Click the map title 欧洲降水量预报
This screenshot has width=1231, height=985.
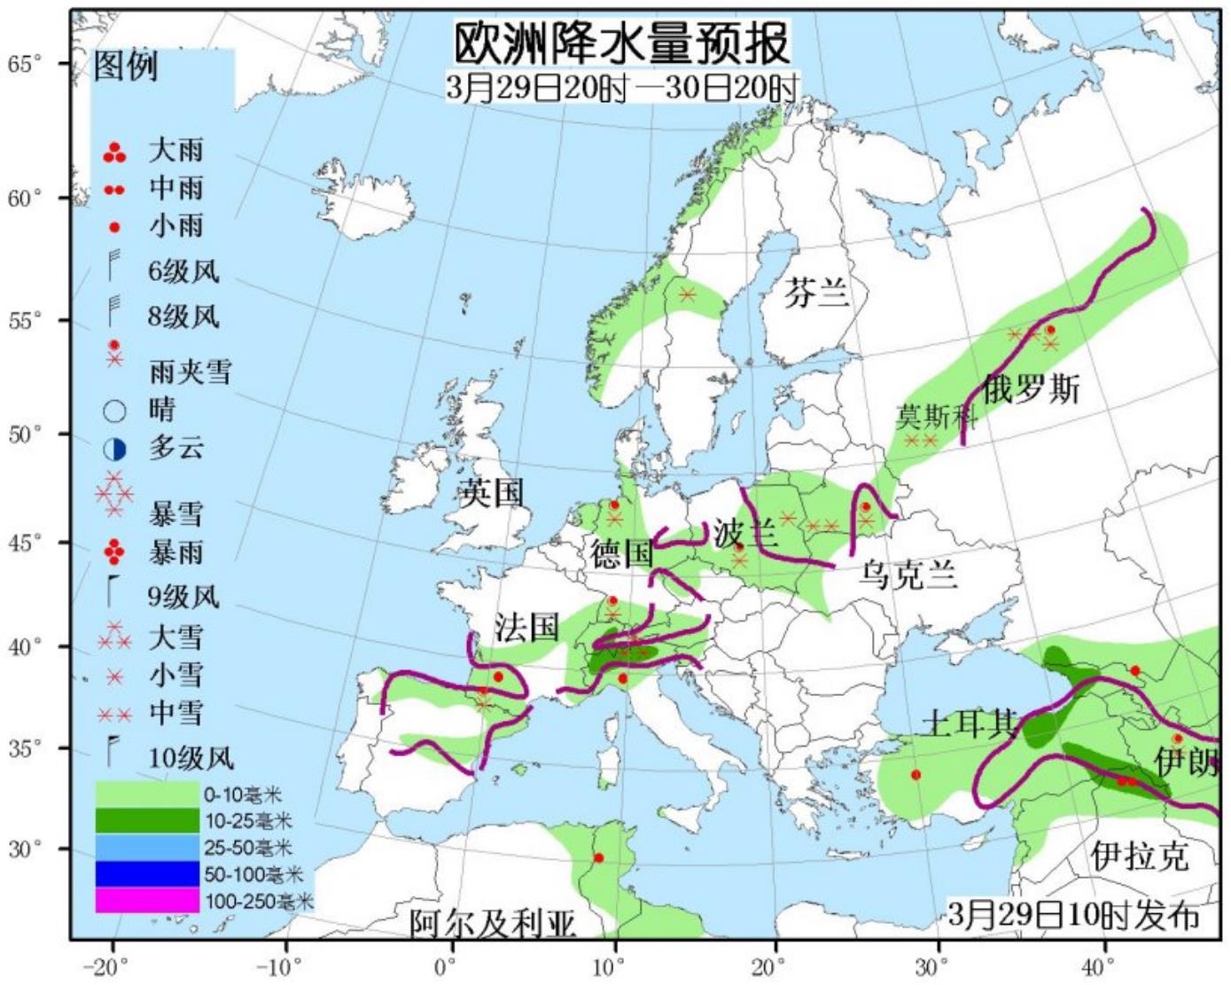point(621,43)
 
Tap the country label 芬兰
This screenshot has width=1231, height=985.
point(815,292)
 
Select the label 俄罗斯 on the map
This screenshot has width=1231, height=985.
point(1031,388)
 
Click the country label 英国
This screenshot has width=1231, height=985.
point(492,492)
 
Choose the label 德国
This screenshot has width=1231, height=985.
point(622,554)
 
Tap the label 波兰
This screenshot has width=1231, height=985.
point(745,534)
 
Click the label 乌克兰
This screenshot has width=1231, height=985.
point(908,575)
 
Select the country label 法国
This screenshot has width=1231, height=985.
point(526,627)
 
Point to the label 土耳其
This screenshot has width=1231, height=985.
point(969,723)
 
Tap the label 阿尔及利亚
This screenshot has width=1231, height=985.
point(493,924)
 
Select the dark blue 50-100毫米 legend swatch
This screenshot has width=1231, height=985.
point(147,874)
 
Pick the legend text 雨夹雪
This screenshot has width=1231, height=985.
point(190,371)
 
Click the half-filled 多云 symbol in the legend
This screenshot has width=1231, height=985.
point(114,450)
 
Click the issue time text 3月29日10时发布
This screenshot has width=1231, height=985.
point(1072,915)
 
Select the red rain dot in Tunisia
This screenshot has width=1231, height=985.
point(599,858)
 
